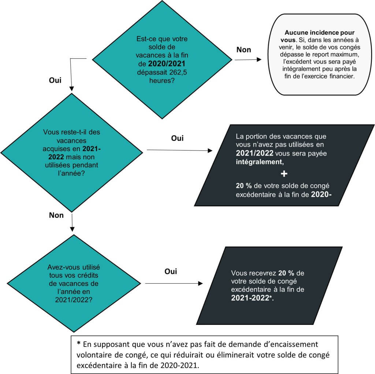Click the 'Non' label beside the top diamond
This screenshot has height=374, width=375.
[244, 50]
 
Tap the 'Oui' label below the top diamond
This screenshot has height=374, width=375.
[55, 80]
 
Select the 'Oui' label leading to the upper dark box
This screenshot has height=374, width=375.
[177, 138]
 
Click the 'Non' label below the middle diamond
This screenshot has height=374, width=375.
[56, 215]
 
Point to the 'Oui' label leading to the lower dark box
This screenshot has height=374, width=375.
[170, 272]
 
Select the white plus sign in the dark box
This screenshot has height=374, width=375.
[284, 173]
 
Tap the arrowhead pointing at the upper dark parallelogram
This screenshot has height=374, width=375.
[210, 151]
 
